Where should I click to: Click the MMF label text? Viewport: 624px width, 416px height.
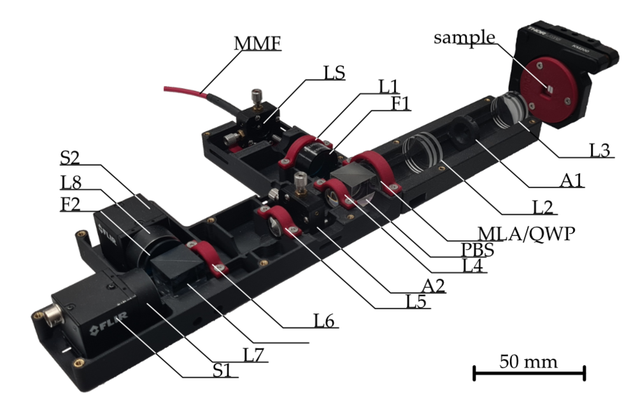point(258,43)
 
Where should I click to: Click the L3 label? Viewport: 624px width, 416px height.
point(599,150)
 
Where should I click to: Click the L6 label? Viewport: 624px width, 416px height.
point(325,321)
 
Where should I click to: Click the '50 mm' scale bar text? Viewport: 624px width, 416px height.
point(528,362)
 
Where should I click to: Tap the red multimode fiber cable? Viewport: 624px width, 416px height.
point(188,90)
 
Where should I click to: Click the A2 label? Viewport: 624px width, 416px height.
point(433,286)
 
